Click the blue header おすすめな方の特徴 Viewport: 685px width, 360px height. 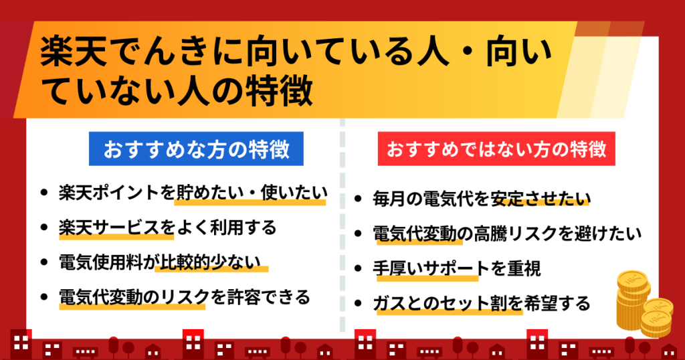point(196,149)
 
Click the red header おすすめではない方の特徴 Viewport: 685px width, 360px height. point(496,149)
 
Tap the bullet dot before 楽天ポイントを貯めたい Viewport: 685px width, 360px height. point(43,192)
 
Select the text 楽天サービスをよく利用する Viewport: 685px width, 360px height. point(168,228)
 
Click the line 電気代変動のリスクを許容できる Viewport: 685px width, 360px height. point(185,297)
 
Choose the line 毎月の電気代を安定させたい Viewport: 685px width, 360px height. point(482,199)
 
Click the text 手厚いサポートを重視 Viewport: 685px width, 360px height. point(456,268)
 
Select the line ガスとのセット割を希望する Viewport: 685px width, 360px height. point(482,303)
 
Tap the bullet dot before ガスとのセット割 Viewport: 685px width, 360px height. point(358,303)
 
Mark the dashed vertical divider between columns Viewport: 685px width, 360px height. point(342,225)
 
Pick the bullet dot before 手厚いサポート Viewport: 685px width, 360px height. point(358,268)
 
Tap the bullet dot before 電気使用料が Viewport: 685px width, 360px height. point(43,262)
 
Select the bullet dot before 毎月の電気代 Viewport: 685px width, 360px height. point(358,199)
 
